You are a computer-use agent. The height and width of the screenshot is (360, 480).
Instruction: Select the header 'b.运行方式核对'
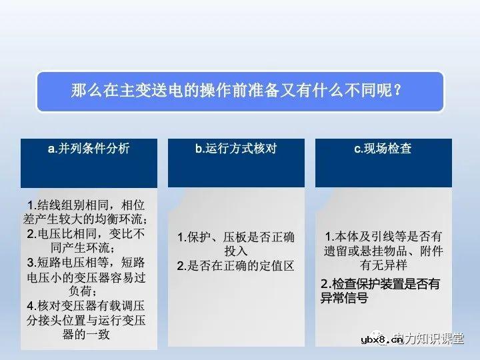coord(236,149)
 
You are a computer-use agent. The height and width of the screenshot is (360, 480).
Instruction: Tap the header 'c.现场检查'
coord(383,149)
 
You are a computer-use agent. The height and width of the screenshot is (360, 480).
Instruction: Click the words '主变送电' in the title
coord(150,90)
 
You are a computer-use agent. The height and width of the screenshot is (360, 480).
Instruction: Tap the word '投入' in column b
coord(235,251)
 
